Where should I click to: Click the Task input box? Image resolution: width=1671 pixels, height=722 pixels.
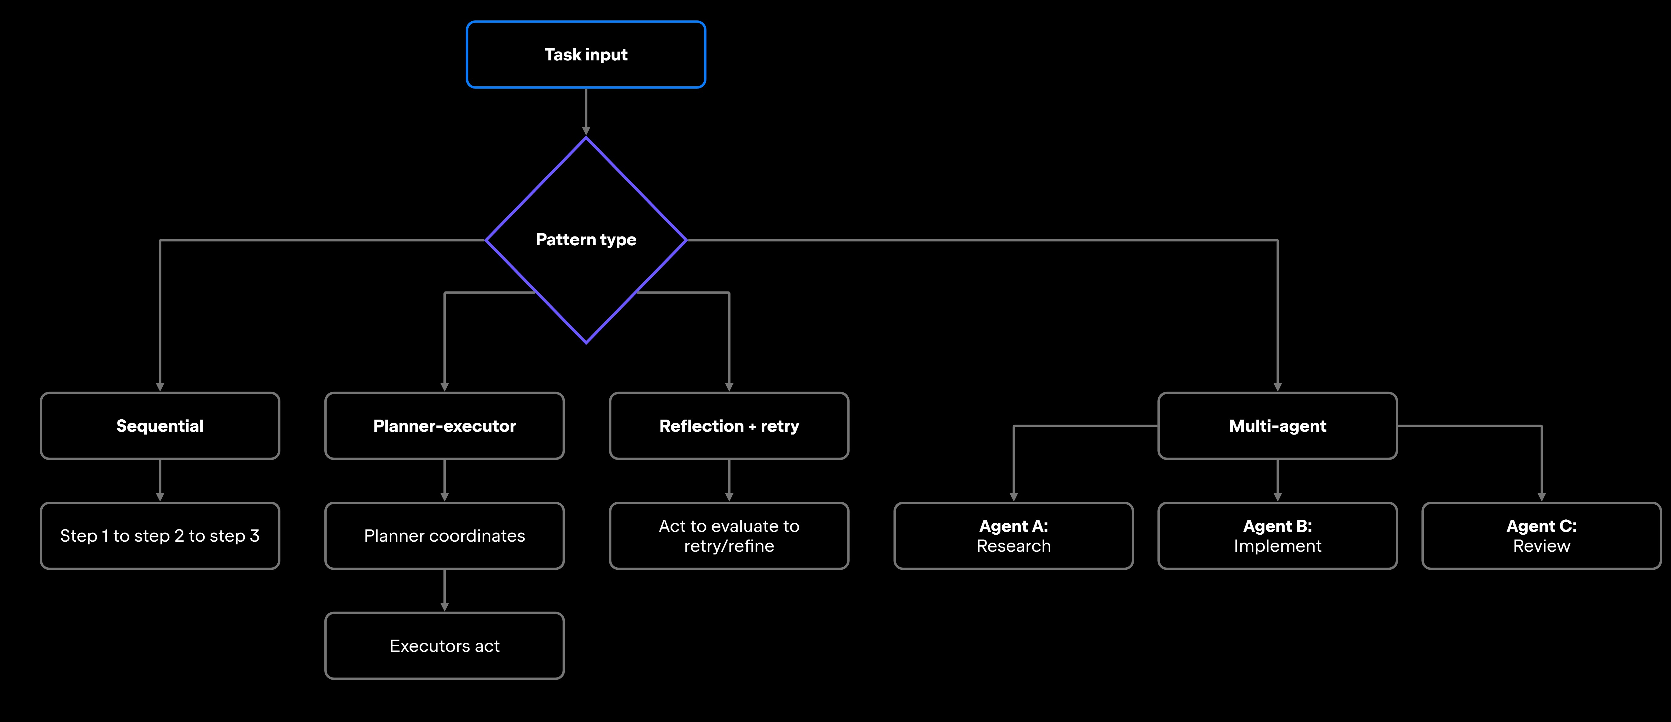[586, 55]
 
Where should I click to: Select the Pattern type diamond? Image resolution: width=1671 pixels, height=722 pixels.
[586, 240]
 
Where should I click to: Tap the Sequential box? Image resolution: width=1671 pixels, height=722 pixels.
[160, 426]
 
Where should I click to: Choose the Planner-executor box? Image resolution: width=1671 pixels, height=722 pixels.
[444, 426]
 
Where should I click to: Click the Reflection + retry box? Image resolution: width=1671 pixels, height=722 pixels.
[729, 426]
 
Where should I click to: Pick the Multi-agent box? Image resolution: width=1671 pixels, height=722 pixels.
[1277, 426]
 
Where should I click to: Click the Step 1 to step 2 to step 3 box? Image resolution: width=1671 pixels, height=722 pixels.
[160, 536]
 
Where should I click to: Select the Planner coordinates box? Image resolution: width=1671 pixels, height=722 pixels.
[444, 536]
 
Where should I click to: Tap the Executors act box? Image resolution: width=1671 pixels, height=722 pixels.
[444, 646]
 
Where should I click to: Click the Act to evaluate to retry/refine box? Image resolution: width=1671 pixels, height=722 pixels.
[729, 536]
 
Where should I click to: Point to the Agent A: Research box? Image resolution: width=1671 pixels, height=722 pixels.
[1013, 536]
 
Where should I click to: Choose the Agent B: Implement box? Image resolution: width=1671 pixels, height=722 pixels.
[1277, 536]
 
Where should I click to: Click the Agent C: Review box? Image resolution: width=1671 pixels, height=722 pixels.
[1541, 536]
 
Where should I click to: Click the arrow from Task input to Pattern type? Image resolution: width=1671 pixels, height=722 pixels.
[586, 112]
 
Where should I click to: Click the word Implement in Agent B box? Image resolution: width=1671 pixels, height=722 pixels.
[1277, 546]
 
